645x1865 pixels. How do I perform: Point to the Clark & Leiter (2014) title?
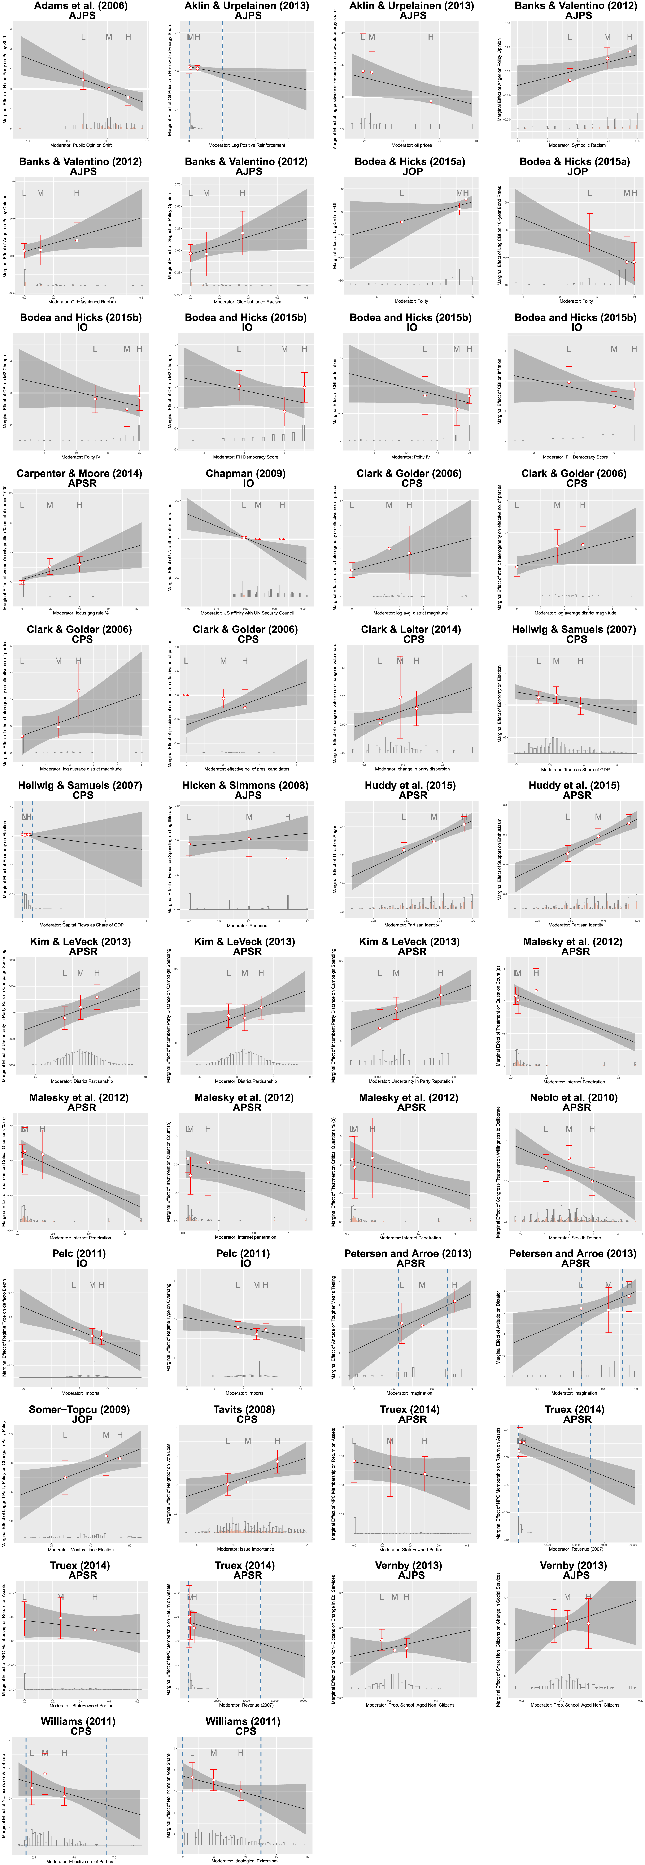[411, 629]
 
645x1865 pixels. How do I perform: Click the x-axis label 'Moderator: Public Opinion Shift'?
[81, 145]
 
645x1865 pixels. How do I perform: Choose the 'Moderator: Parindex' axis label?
[247, 925]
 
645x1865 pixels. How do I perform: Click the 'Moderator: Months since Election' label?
[81, 1549]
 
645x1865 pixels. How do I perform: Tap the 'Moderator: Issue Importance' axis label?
[247, 1549]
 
